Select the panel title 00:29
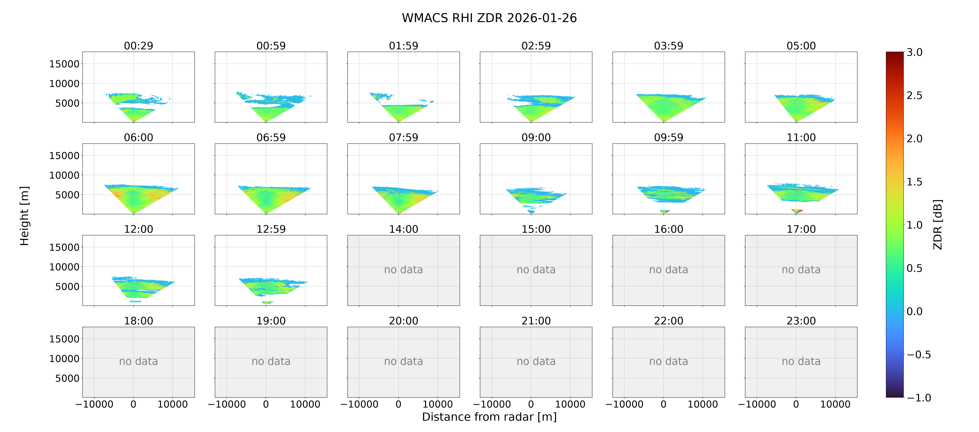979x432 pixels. [x=138, y=46]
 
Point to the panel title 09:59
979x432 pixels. [x=668, y=137]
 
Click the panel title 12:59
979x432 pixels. [x=271, y=229]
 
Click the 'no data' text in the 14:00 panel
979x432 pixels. [x=403, y=270]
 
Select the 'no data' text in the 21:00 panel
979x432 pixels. [x=536, y=361]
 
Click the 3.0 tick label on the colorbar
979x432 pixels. [x=914, y=52]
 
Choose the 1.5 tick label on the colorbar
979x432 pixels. [x=914, y=182]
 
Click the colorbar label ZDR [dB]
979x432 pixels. [x=938, y=224]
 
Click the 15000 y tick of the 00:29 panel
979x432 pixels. [x=64, y=64]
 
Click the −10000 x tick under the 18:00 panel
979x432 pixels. [x=94, y=404]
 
